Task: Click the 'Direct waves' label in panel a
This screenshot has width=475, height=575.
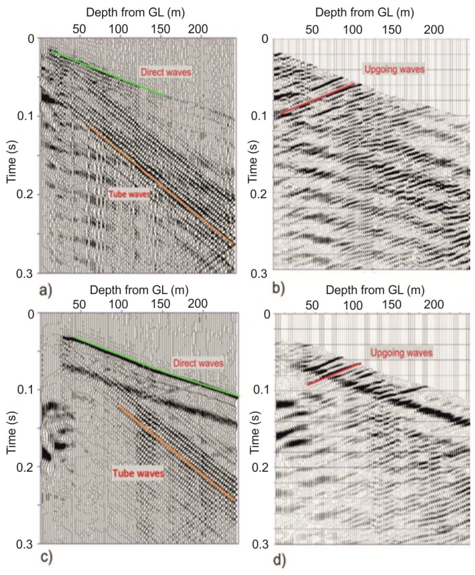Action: (x=166, y=72)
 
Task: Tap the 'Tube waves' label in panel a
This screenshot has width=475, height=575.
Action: (x=130, y=194)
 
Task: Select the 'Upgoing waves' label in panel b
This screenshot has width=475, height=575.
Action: (x=394, y=69)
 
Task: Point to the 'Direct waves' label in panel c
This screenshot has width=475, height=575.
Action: (x=198, y=363)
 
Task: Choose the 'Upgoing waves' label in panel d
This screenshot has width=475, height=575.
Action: (x=401, y=353)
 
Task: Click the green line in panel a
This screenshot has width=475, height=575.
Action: (x=107, y=73)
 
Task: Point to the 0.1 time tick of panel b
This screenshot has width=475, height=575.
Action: (x=260, y=116)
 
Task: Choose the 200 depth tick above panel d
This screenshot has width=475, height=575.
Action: (x=434, y=305)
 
